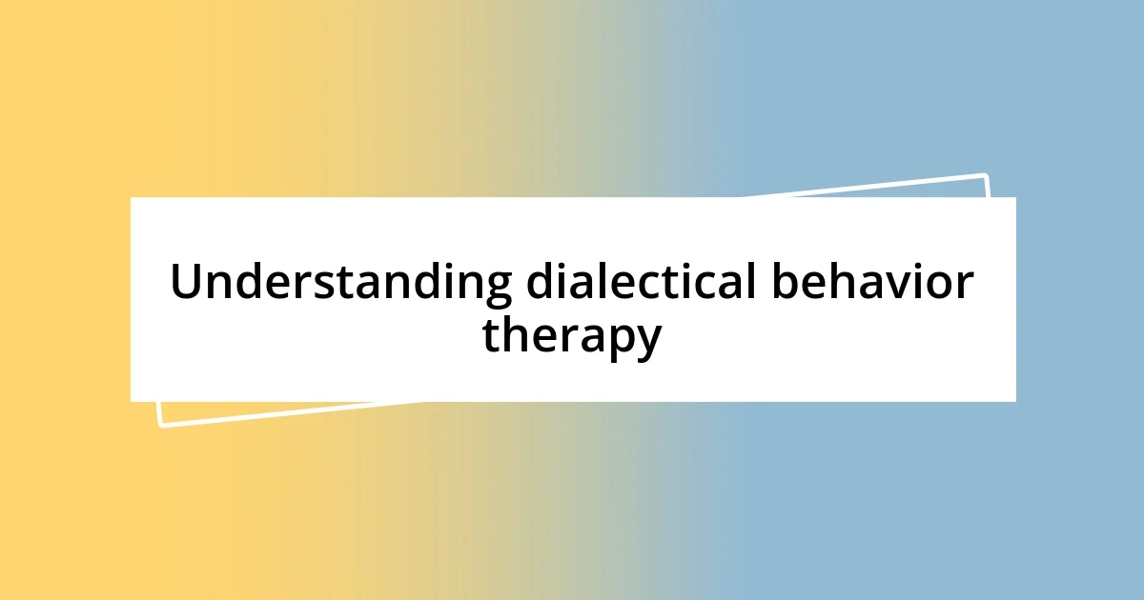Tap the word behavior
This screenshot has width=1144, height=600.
click(872, 283)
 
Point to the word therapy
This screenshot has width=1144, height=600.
click(571, 337)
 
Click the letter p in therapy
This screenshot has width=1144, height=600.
click(617, 342)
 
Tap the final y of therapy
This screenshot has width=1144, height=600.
click(647, 343)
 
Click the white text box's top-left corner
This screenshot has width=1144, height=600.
click(131, 197)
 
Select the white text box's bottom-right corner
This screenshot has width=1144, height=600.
click(1015, 401)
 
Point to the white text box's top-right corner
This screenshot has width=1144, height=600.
click(1015, 197)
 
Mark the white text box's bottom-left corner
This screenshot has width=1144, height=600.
click(131, 401)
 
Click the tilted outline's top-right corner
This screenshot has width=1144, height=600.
click(986, 175)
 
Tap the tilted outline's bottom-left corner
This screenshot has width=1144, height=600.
click(160, 425)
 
